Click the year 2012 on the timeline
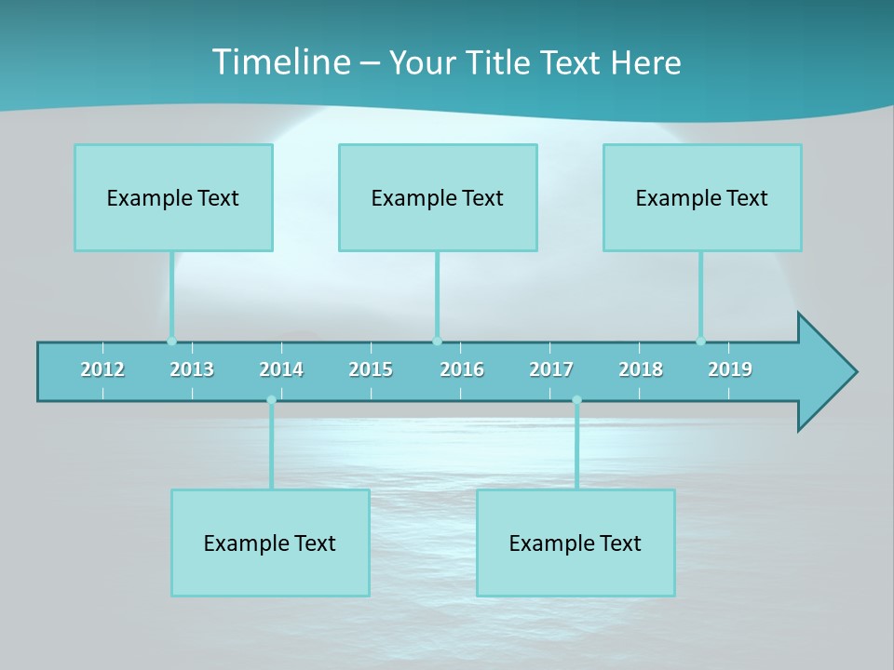(102, 369)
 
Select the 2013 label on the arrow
(192, 369)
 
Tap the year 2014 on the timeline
(281, 369)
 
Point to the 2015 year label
(371, 369)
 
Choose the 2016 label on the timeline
(462, 369)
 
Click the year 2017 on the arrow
(551, 369)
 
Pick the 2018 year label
(641, 369)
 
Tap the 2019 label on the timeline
(730, 369)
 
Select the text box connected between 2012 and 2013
(173, 197)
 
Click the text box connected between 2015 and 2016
(438, 197)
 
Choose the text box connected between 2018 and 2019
(702, 197)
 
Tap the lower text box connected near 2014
(270, 543)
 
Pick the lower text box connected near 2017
(576, 543)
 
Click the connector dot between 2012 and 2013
(171, 342)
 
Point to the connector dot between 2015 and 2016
(437, 342)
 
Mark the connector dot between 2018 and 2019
(700, 342)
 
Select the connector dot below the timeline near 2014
(271, 400)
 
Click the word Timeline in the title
(280, 62)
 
